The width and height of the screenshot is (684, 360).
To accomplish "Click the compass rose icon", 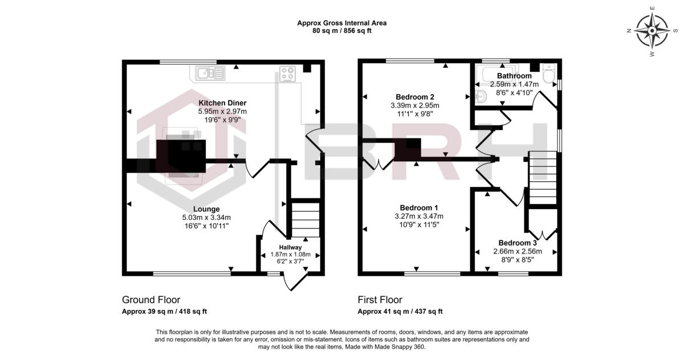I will coord(652,31).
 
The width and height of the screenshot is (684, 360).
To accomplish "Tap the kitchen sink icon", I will coord(210,73).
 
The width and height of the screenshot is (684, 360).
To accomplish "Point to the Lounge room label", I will coord(206,209).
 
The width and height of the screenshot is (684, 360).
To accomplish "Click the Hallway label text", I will coord(290,247).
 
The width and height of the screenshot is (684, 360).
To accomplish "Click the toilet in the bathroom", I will coord(548,74).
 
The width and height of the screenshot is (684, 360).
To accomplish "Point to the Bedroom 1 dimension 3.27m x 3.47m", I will coord(419,216).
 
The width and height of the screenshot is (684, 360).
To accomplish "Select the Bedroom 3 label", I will coord(517,242).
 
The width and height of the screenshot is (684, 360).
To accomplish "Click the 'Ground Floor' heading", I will coord(151,300).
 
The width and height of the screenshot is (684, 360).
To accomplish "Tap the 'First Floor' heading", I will coord(380,300).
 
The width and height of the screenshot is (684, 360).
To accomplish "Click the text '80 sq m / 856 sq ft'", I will coord(341,31).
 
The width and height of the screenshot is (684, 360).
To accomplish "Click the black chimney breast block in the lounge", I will coord(181,156).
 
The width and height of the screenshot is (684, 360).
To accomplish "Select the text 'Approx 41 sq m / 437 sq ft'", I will coord(400,312).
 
